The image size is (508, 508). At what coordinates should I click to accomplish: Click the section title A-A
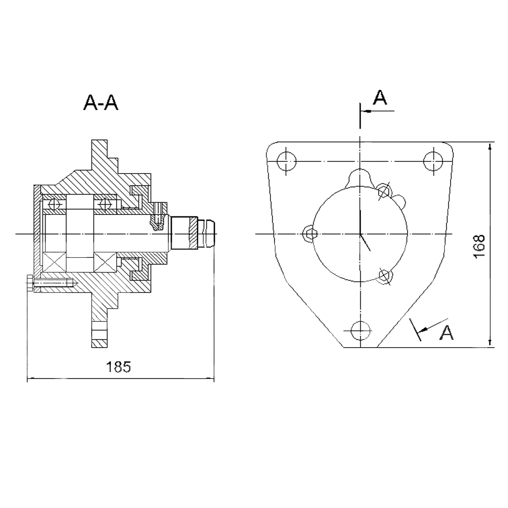coord(101,103)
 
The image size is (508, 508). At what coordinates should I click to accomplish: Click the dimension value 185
coord(119,367)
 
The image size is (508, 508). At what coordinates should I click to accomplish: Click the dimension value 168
coord(479,246)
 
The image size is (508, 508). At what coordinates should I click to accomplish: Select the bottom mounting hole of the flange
coord(360,331)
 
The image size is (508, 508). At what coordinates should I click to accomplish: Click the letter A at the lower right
coord(446,333)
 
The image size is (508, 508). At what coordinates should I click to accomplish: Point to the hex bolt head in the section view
coord(30,284)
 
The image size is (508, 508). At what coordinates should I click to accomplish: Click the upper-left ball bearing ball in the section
coord(54,205)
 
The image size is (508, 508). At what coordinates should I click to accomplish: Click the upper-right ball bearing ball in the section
coord(104,205)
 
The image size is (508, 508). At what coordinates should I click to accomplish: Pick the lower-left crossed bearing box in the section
coord(54,262)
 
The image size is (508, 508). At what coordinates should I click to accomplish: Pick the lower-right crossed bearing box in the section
coord(105,262)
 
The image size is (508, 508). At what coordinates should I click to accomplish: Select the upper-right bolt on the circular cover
coord(384,190)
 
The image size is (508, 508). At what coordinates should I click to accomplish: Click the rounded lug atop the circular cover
coord(360,177)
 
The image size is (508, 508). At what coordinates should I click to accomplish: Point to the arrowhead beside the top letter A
coord(367,111)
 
